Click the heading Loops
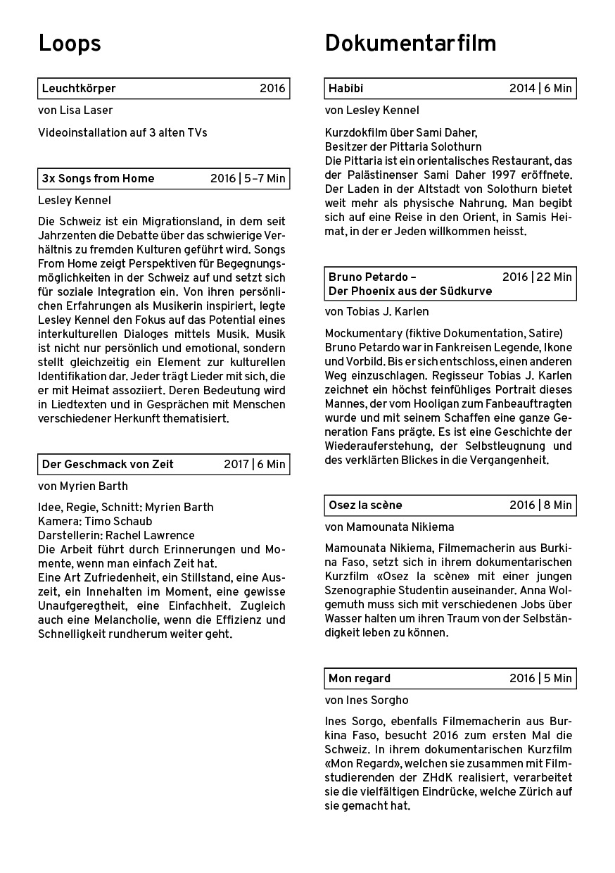70,44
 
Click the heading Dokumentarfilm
410,44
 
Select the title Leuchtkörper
79,89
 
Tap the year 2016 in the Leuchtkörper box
272,89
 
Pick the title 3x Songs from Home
98,179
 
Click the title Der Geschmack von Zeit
108,465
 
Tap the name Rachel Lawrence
150,536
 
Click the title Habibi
345,89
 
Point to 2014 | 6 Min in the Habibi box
540,89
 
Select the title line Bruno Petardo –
372,277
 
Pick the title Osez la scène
365,505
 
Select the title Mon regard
359,679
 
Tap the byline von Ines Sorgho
367,701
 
